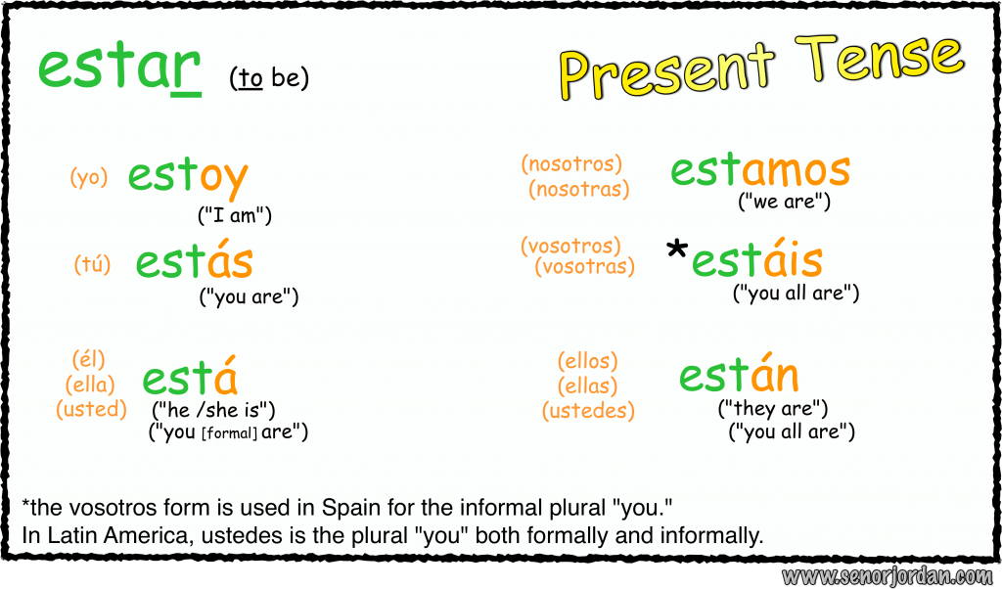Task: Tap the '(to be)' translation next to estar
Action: [x=269, y=78]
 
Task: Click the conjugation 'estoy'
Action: [x=187, y=178]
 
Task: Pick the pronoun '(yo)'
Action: [x=88, y=178]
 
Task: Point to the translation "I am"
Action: [x=235, y=215]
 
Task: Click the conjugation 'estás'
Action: [x=194, y=262]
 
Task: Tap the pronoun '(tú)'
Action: [x=92, y=264]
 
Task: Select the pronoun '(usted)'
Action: [x=92, y=409]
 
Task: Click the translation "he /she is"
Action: [x=213, y=409]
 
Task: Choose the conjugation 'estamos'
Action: [x=759, y=169]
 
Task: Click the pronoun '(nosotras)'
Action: [x=579, y=190]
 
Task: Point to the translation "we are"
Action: [x=784, y=202]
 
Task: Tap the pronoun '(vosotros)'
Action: [x=570, y=246]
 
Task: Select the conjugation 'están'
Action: [x=739, y=376]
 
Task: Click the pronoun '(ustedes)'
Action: [x=588, y=411]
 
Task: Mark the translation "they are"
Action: [x=773, y=408]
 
